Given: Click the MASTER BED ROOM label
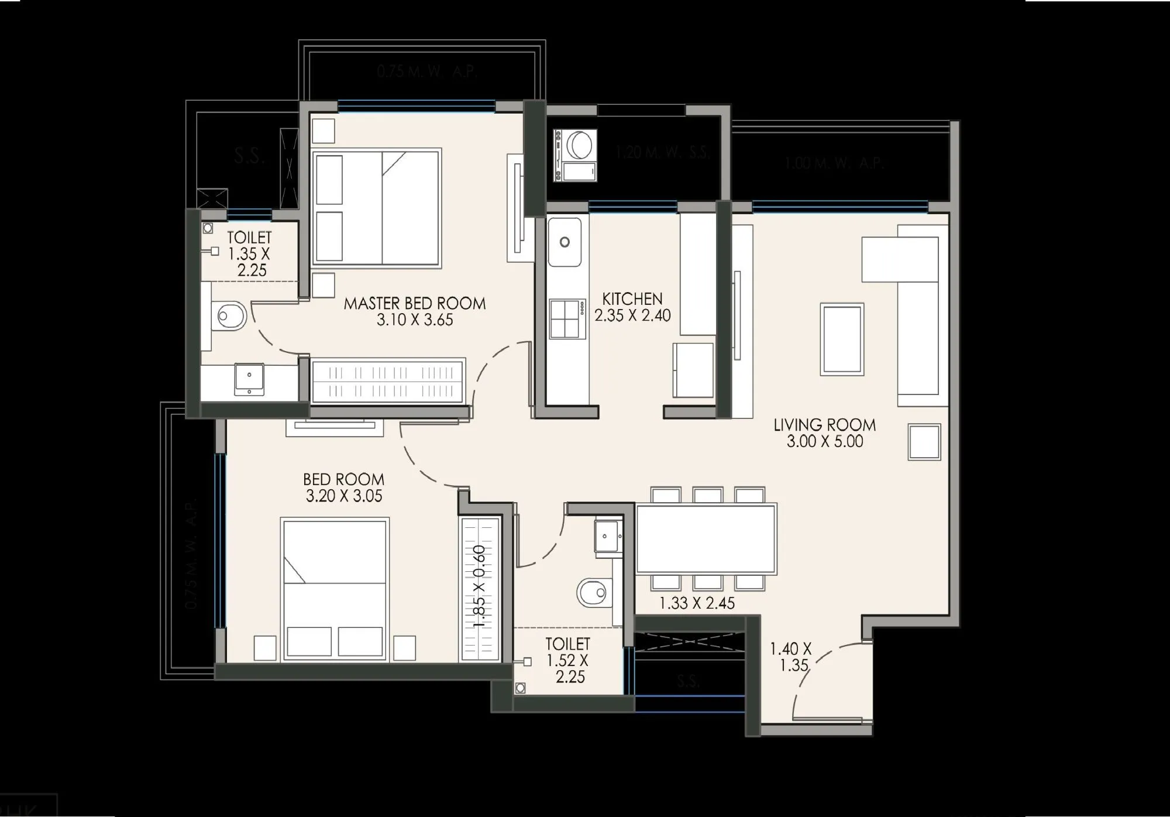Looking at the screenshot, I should (414, 303).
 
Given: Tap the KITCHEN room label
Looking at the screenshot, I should (632, 298).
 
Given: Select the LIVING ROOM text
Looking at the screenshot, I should (824, 425).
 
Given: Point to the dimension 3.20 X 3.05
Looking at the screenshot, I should (344, 496).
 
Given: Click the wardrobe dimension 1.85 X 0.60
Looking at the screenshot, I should (480, 586).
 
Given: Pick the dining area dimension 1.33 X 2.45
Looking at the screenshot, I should (697, 603).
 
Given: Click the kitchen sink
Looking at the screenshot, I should (565, 242).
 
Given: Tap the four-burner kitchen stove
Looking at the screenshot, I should (567, 318).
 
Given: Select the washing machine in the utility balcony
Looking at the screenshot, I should (576, 156).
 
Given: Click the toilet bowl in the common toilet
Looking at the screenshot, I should (593, 593).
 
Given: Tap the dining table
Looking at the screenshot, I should (706, 539).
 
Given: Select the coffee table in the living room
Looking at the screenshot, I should (842, 339).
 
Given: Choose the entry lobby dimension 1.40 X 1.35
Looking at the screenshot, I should (790, 657).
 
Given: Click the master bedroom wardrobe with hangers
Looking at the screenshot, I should (388, 381).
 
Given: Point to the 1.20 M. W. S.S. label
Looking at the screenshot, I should (662, 153).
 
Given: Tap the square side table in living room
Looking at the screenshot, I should (924, 442).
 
